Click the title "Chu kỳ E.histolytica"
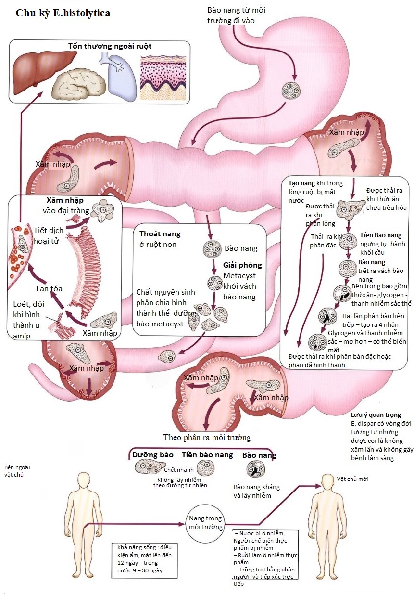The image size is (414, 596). click(x=63, y=13)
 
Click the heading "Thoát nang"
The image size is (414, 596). click(x=160, y=234)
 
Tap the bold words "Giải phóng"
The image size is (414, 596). click(x=242, y=265)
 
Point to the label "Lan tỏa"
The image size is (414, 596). click(x=49, y=289)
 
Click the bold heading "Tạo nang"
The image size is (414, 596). click(x=301, y=183)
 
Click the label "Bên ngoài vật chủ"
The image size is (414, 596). click(x=14, y=471)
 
